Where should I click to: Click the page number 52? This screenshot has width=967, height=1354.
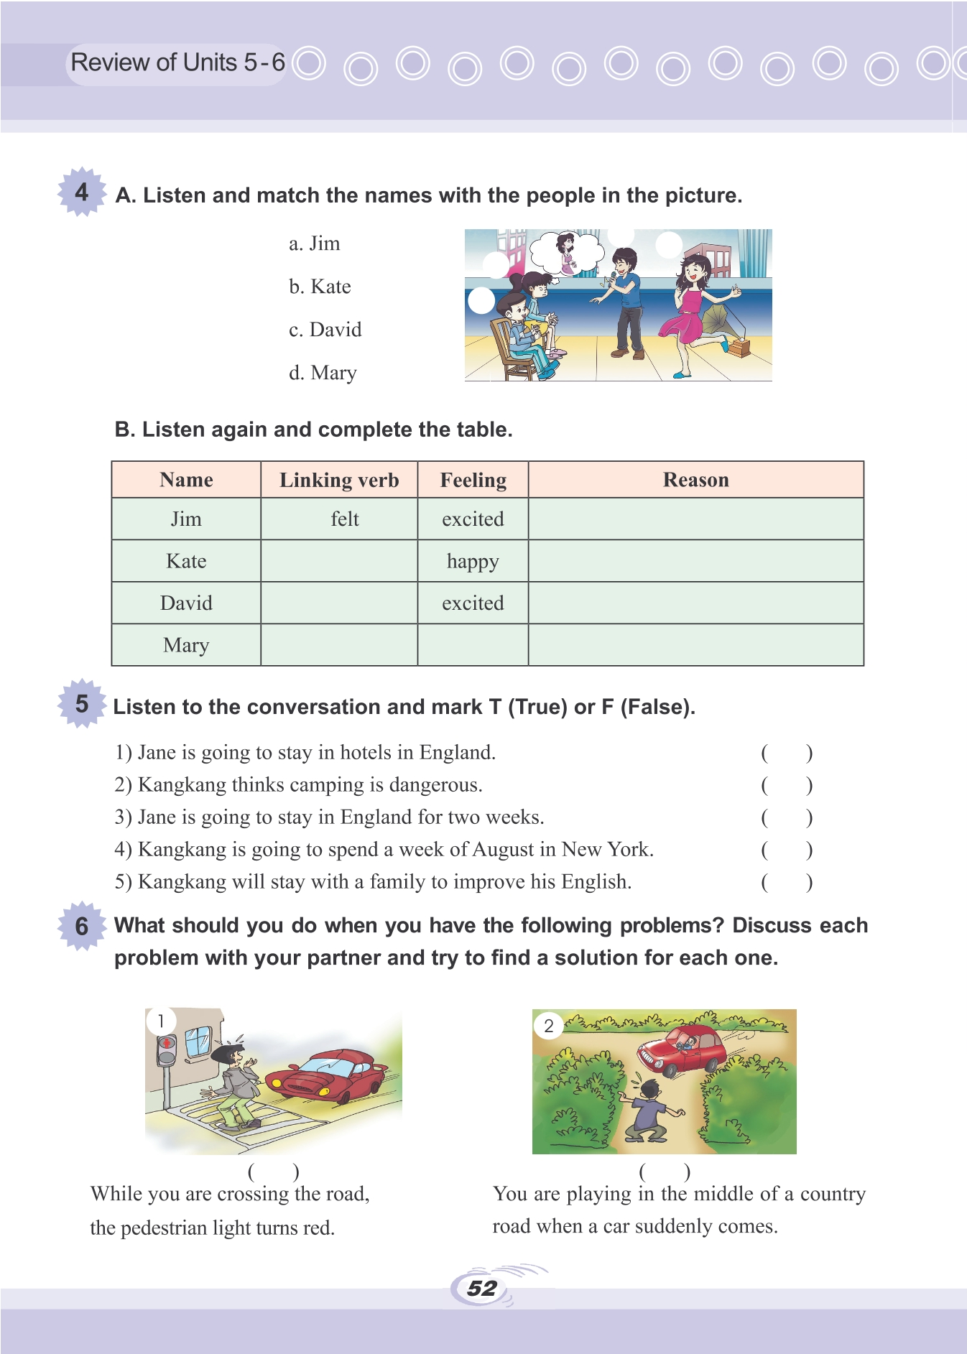(x=481, y=1288)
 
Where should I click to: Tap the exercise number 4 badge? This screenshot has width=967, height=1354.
(x=82, y=192)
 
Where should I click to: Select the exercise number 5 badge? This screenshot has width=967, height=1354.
(x=82, y=703)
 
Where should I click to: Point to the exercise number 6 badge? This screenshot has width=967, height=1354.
(x=82, y=926)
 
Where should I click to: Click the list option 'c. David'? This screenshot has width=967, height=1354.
(x=325, y=330)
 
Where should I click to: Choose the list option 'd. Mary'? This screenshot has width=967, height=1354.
(x=323, y=373)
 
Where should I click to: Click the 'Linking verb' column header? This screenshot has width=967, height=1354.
(x=339, y=480)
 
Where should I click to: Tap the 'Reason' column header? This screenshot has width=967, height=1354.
(x=695, y=480)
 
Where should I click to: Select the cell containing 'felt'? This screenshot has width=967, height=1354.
(x=344, y=519)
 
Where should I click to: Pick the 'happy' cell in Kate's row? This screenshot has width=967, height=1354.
(x=473, y=561)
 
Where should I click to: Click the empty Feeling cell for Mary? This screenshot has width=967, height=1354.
(x=473, y=645)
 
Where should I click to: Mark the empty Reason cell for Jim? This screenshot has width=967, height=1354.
(x=695, y=519)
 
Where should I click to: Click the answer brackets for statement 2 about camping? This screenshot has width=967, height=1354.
(x=787, y=785)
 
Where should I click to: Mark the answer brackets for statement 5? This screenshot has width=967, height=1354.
(x=787, y=882)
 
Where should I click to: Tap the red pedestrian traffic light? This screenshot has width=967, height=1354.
(x=167, y=1044)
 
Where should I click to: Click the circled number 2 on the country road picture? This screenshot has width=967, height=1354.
(x=549, y=1026)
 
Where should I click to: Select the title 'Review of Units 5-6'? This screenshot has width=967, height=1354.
(x=177, y=63)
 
